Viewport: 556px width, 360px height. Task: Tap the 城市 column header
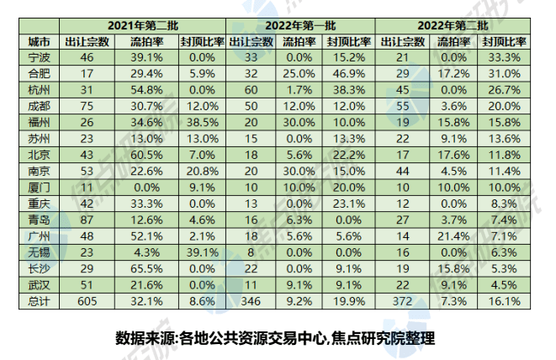[38, 40]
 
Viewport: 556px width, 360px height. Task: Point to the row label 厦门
[38, 187]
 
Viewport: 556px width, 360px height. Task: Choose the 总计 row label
[38, 300]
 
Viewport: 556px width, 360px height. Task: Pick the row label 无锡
[38, 251]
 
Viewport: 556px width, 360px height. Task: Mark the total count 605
[86, 300]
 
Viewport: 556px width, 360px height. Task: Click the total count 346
[251, 300]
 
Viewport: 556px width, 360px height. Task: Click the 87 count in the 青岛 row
[86, 219]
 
